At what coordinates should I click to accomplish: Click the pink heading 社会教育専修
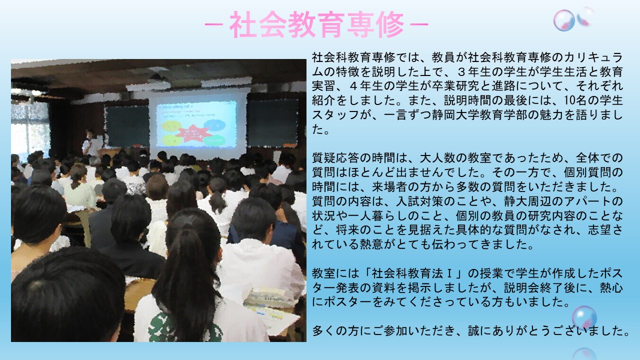(316, 24)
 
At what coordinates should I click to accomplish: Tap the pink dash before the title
(213, 24)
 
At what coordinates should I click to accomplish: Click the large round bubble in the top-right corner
(563, 20)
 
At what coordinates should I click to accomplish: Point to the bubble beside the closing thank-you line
(584, 317)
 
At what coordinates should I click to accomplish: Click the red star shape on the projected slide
(193, 133)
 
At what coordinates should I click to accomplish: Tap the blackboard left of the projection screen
(127, 126)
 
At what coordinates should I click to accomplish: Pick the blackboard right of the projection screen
(272, 123)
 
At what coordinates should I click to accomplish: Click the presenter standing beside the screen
(91, 143)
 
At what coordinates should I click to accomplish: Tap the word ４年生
(365, 86)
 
